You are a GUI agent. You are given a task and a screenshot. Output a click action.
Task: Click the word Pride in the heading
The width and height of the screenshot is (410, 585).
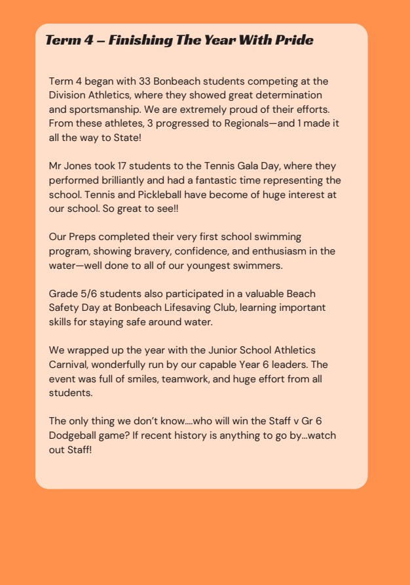294,41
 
